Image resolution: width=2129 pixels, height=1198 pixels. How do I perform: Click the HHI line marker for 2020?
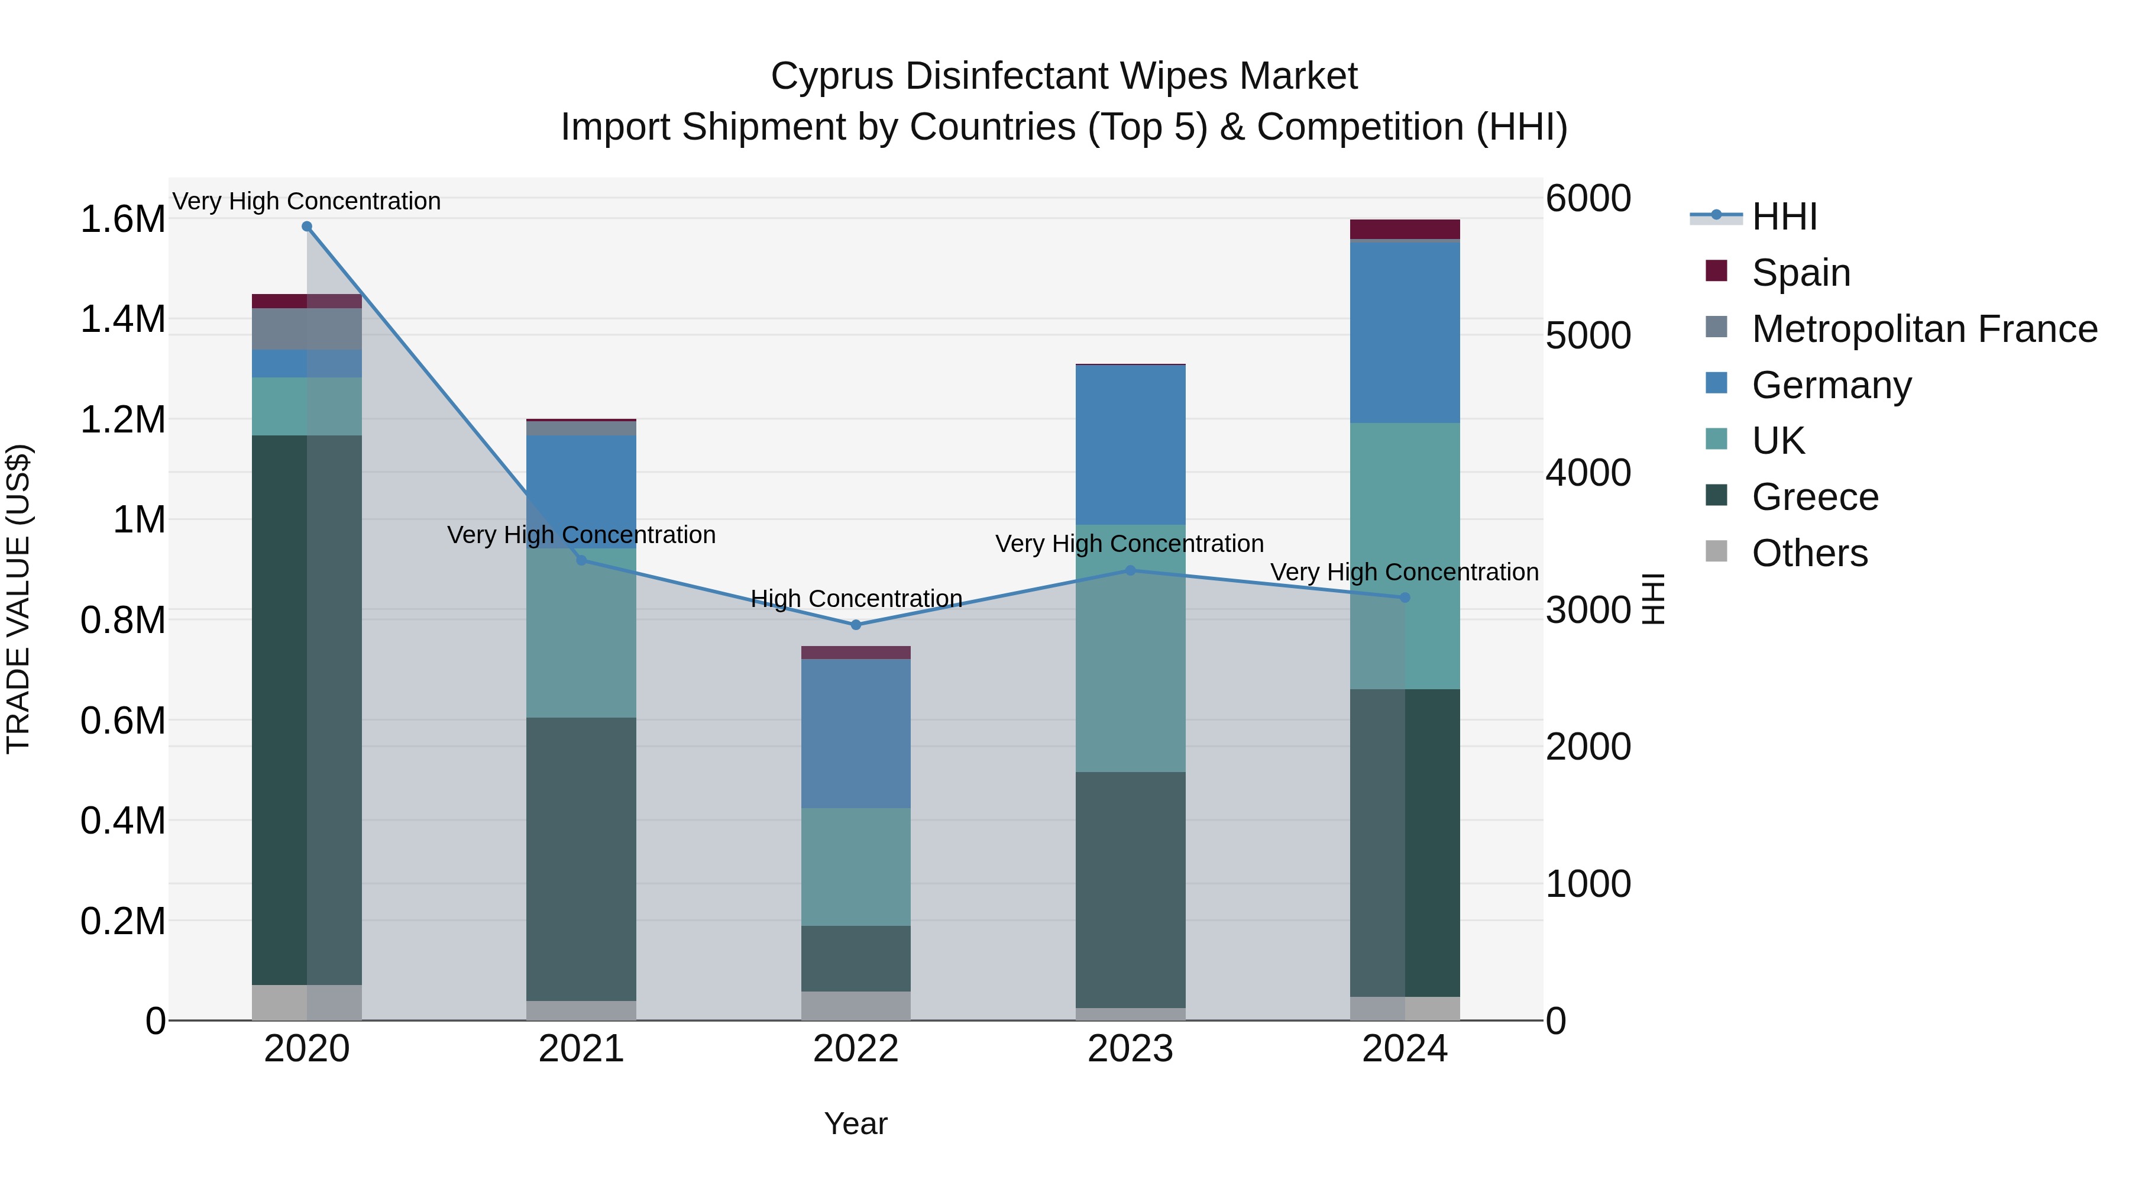point(306,227)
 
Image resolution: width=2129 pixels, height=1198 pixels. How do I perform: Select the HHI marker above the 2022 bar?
point(855,625)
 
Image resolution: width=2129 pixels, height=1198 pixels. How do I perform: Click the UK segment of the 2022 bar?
point(855,867)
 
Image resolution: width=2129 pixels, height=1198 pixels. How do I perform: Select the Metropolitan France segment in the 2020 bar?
point(306,329)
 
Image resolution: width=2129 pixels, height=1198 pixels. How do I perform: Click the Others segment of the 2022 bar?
point(855,1005)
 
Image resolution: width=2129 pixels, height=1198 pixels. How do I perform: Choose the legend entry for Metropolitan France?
point(1924,329)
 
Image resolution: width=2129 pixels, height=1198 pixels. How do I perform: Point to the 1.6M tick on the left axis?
point(122,220)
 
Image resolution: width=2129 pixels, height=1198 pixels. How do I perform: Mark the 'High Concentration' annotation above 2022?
point(855,599)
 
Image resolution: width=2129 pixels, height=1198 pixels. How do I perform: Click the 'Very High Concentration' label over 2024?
point(1403,572)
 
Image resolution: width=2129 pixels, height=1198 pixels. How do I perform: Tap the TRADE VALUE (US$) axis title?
point(18,599)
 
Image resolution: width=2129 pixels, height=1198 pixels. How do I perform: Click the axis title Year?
point(855,1123)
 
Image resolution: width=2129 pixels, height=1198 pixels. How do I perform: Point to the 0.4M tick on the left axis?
point(122,821)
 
